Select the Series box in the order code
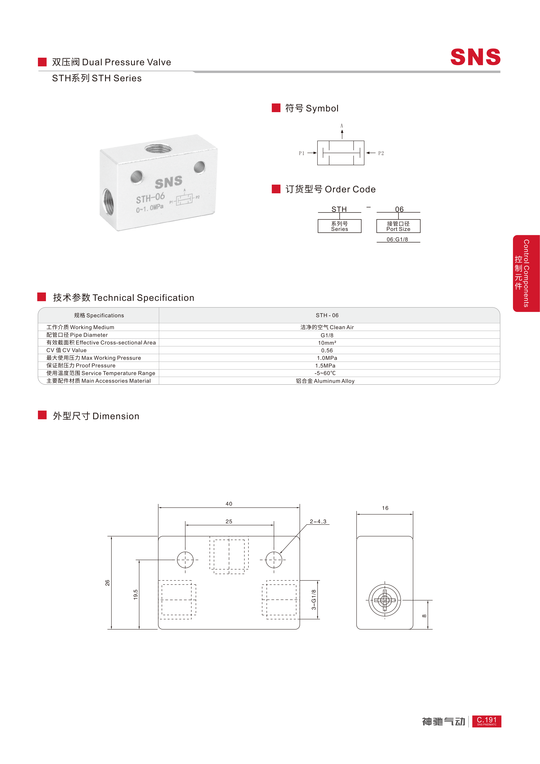click(339, 226)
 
